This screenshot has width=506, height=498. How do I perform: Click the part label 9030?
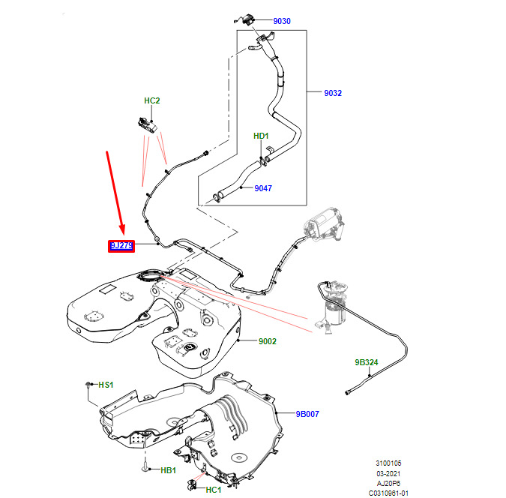pos(282,21)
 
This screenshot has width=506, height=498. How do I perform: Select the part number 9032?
pos(333,93)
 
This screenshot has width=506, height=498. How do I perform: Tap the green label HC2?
pos(151,100)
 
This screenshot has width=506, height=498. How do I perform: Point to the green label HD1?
pos(261,136)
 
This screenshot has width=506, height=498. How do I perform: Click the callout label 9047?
pos(263,188)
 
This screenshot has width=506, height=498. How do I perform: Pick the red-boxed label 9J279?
pos(121,246)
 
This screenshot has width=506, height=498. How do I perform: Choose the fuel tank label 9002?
pos(268,341)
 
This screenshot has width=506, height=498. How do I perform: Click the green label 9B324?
pos(367,362)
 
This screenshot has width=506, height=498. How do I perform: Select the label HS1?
pos(106,385)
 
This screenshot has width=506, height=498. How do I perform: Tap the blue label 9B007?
pos(307,414)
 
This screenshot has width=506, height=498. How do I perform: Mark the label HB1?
pos(168,470)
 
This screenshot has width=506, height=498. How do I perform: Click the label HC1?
pos(214,490)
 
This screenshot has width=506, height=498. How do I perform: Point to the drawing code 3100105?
pos(388,463)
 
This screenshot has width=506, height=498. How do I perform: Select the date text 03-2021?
pos(388,473)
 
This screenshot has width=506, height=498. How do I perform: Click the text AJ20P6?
pos(388,484)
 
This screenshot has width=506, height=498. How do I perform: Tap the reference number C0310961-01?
pos(388,493)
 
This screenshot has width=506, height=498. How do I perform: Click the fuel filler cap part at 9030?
pos(245,19)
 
